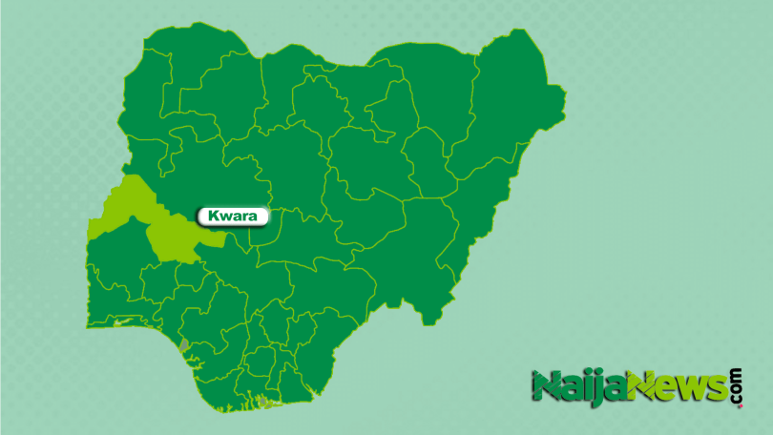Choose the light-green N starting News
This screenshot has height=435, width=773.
coord(638,386)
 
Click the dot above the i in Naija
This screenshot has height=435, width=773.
coord(581,376)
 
